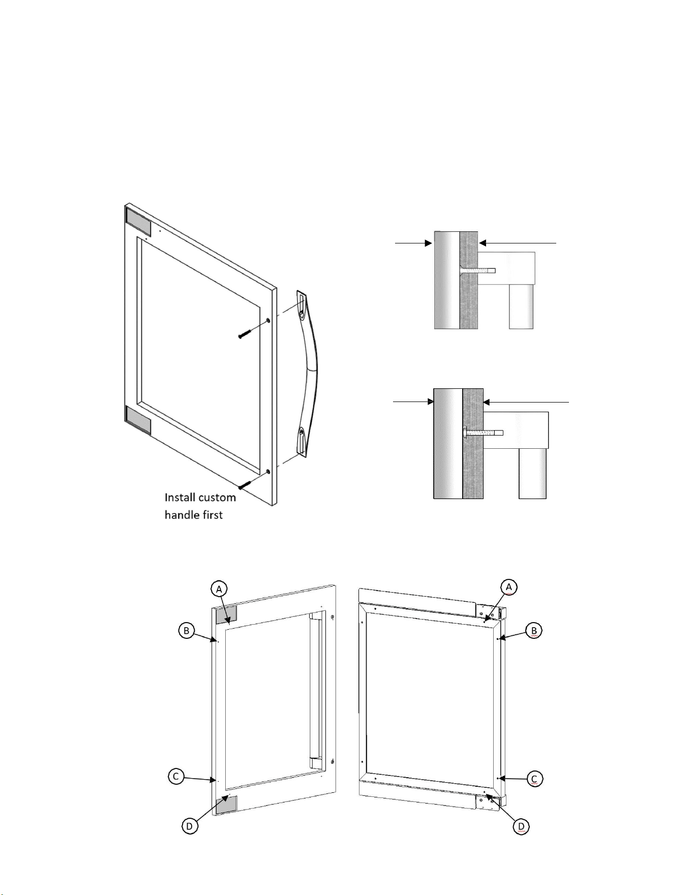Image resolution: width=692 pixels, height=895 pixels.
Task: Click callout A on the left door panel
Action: (219, 589)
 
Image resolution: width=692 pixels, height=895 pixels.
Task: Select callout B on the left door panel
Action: (187, 631)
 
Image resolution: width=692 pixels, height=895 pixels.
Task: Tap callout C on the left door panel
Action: (176, 777)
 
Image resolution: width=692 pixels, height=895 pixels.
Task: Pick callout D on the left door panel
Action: (189, 826)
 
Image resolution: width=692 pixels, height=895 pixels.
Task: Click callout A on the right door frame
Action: (509, 587)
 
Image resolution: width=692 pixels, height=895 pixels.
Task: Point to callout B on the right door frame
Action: (534, 631)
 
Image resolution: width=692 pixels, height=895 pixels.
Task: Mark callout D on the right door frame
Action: (521, 826)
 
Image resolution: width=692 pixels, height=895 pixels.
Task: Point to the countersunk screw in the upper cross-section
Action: (477, 270)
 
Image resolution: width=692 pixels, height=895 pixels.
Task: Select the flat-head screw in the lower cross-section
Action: (483, 433)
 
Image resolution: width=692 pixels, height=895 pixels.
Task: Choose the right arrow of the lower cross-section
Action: (526, 402)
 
